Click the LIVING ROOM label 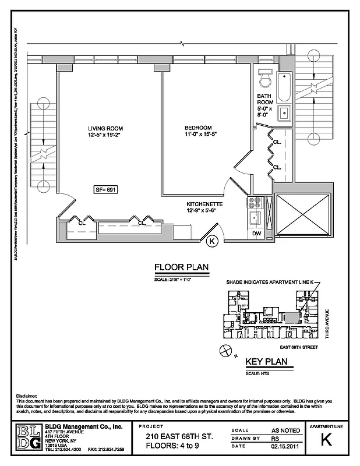point(105,129)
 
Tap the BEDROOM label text point(198,128)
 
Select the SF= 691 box point(105,189)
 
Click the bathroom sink point(285,113)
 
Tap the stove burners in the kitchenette point(255,203)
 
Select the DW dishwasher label point(257,234)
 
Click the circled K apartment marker point(212,239)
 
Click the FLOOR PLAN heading point(181,268)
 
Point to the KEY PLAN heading point(267,362)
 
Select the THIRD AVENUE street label point(327,325)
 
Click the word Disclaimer point(27,396)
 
